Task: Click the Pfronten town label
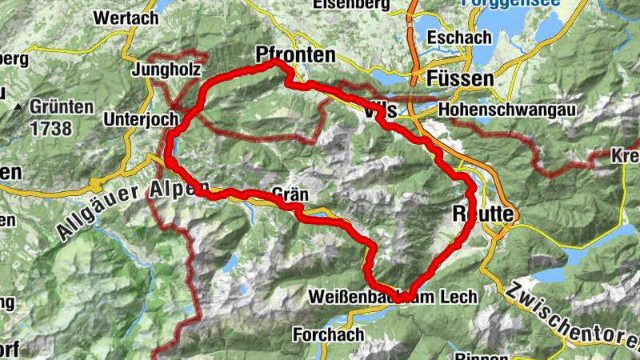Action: (295, 55)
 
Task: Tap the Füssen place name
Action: (460, 78)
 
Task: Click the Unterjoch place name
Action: (140, 119)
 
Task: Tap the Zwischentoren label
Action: (571, 315)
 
